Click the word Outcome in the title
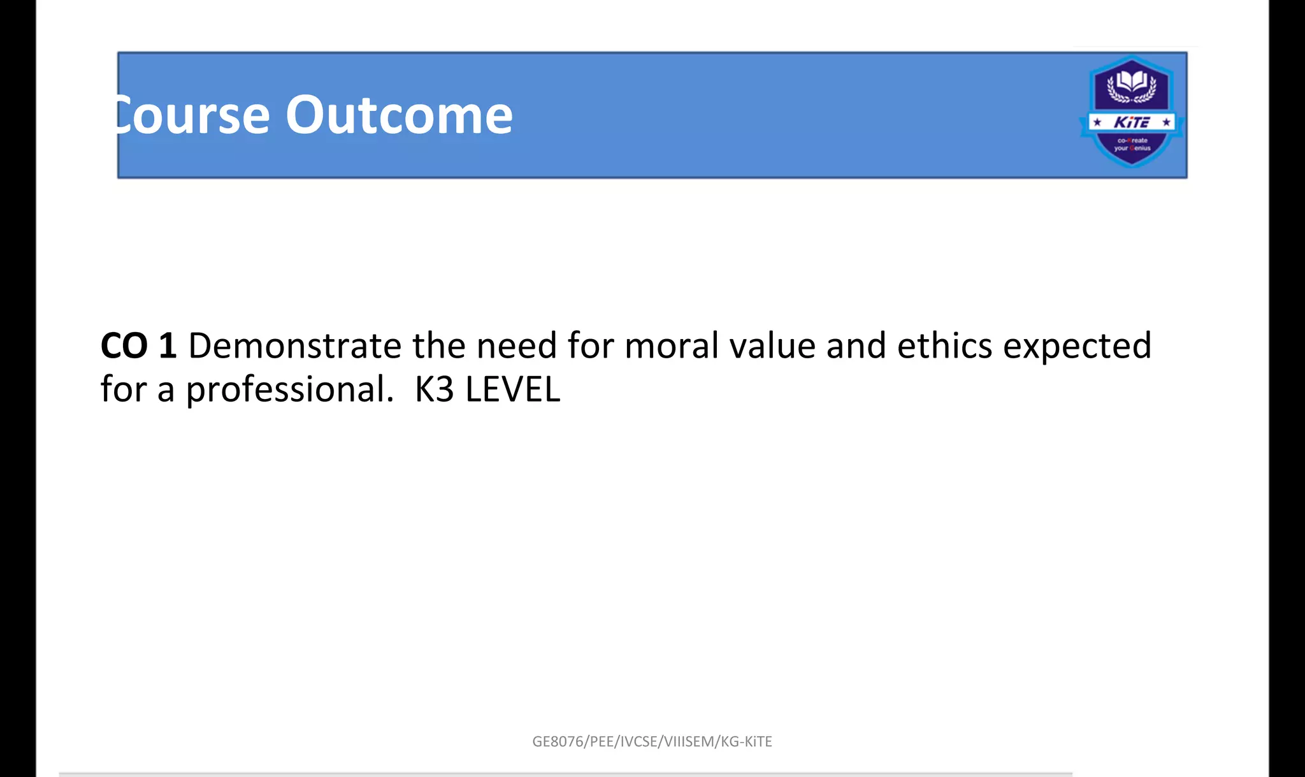point(399,115)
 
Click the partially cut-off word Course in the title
point(192,115)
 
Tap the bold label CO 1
point(138,346)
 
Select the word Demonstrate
point(294,346)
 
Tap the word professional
point(290,390)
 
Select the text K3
point(434,390)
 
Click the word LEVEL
point(513,390)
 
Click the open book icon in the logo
point(1131,82)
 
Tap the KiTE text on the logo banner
point(1131,122)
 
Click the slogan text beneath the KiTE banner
point(1132,144)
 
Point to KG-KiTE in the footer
point(746,741)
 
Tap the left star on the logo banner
point(1097,122)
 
